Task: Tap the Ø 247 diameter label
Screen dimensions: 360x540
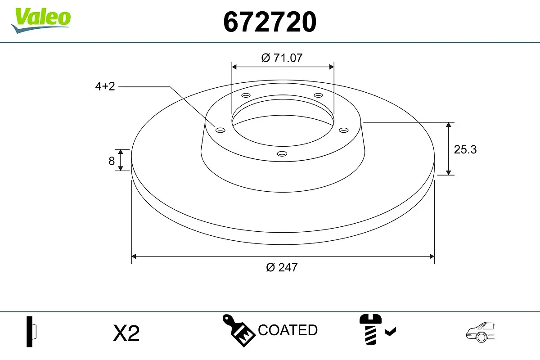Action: tap(282, 267)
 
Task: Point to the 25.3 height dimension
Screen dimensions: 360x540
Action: tap(464, 149)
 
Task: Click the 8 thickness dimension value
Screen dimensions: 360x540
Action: tap(112, 161)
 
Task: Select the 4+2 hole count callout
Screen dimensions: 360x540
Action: tap(105, 86)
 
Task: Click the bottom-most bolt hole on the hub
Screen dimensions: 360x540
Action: tap(282, 154)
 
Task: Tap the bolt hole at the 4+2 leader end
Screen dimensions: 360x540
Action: tap(220, 130)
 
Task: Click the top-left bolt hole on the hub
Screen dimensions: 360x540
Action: tap(246, 95)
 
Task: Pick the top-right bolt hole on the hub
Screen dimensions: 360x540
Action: tap(318, 95)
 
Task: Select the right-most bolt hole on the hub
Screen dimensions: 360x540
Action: tap(344, 130)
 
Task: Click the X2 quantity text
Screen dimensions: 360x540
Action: tap(126, 333)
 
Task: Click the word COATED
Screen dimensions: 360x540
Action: tap(288, 330)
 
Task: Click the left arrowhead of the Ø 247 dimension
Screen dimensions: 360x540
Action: tap(134, 256)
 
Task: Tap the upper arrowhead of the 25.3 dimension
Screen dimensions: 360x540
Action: tap(448, 125)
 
